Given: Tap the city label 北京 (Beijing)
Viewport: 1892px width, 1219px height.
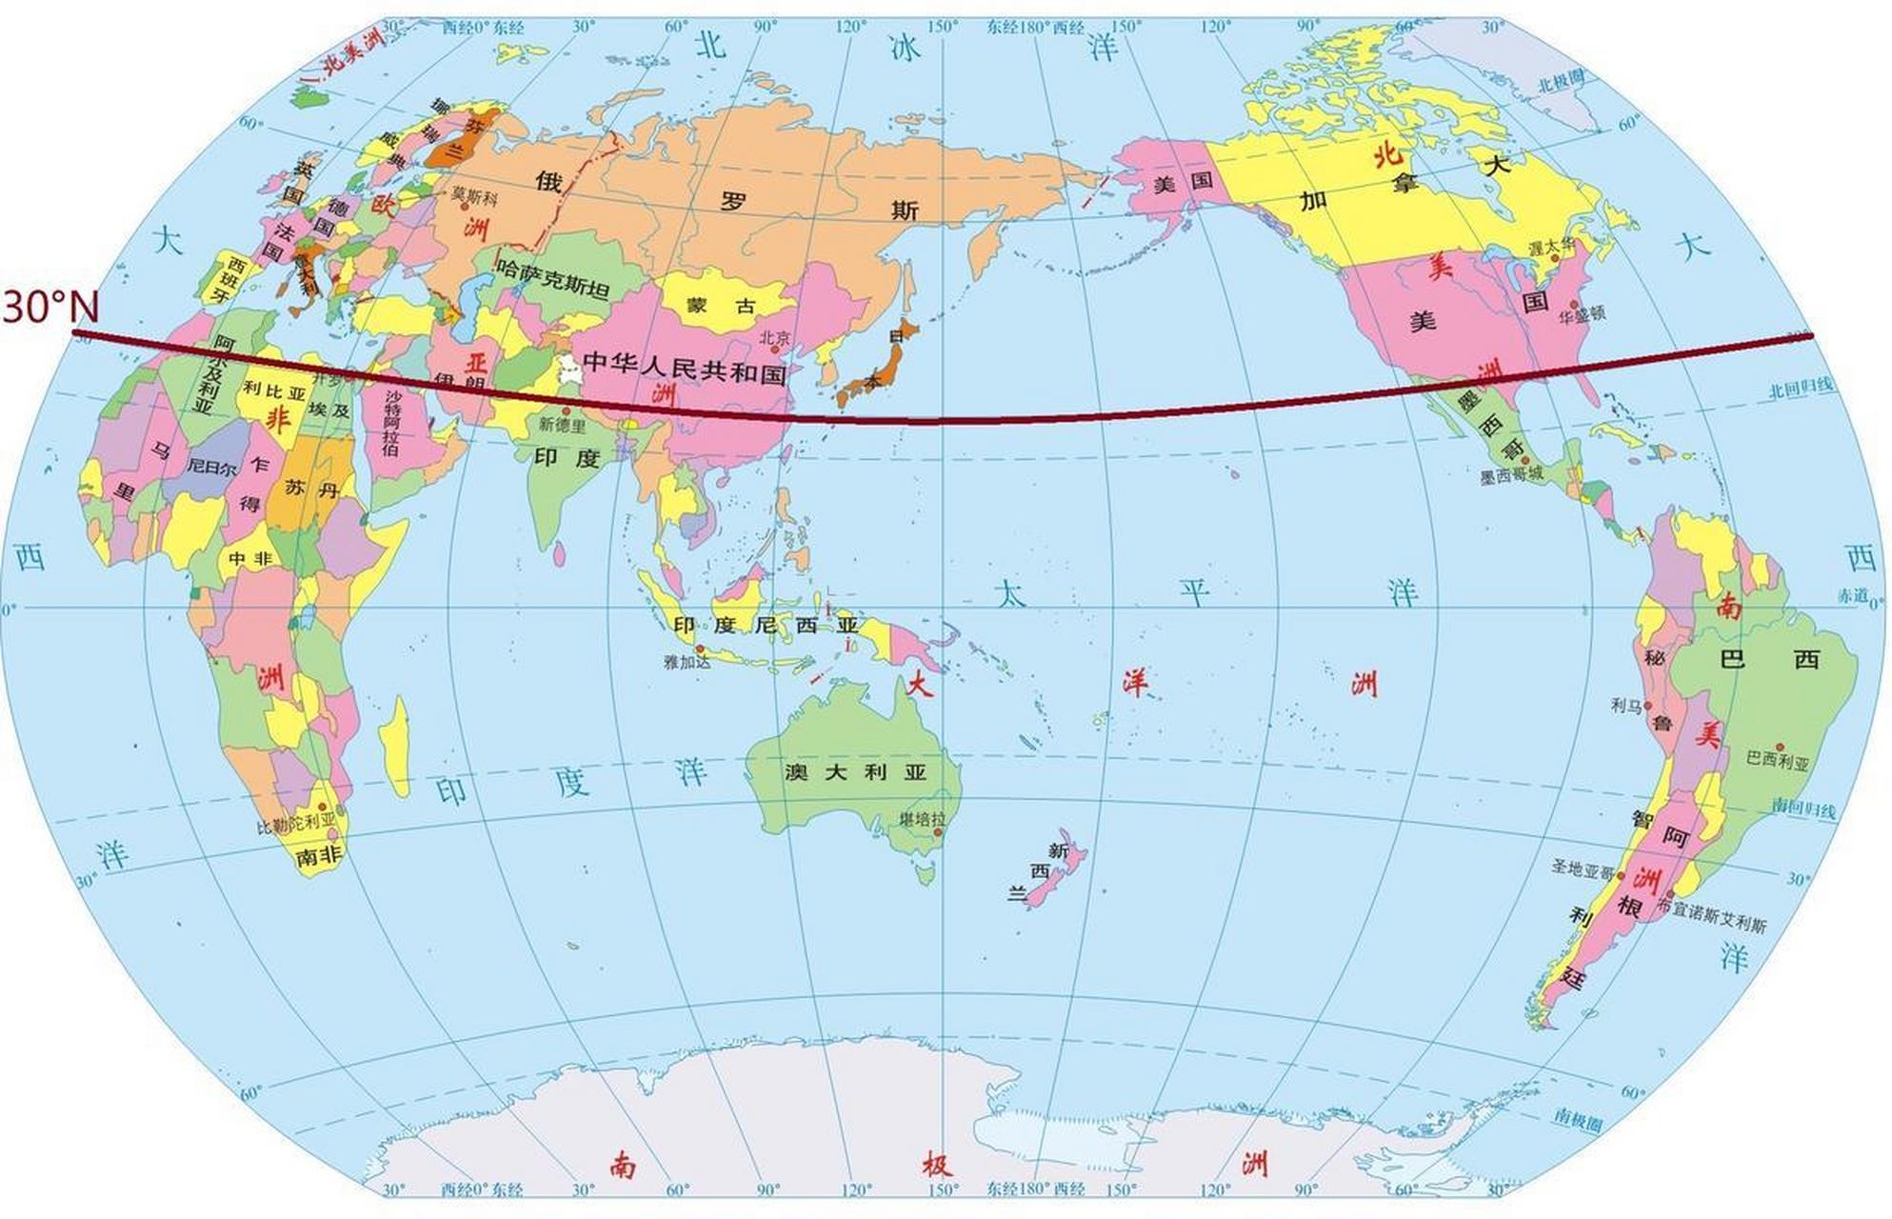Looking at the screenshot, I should (775, 338).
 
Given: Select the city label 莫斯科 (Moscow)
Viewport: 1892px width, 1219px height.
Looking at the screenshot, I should (474, 195).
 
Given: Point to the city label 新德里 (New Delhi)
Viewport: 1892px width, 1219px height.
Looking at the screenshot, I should (562, 425).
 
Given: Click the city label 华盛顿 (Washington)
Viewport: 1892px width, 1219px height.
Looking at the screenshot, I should (1583, 312).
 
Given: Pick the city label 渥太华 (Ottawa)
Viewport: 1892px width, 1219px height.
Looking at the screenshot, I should (1552, 247).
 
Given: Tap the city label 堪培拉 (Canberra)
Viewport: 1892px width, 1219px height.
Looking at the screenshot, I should (923, 819).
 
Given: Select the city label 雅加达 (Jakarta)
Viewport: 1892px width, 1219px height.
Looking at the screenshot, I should (687, 661).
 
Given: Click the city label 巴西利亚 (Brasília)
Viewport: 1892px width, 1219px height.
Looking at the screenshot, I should (1778, 761).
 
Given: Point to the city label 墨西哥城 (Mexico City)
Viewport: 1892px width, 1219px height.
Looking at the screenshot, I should (1511, 475).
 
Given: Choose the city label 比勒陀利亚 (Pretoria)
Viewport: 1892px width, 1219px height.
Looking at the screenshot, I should (296, 824).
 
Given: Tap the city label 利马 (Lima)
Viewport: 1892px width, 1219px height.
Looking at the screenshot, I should (1626, 706).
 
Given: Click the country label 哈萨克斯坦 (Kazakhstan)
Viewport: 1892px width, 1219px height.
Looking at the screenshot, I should (553, 279).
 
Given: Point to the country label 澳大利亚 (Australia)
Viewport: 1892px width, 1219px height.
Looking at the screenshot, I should (855, 772).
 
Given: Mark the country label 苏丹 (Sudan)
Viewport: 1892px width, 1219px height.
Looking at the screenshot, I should (311, 490).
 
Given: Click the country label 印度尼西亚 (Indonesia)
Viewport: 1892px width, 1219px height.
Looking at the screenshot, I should (766, 626).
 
